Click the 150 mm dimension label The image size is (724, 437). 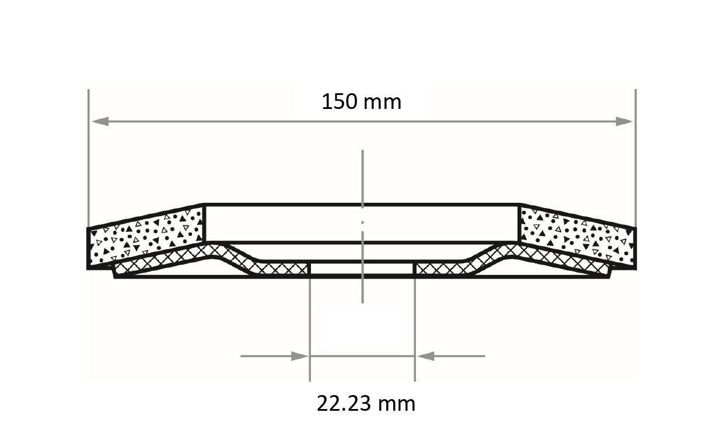tap(361, 102)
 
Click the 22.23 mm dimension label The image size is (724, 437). tap(366, 403)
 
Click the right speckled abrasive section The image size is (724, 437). tap(578, 236)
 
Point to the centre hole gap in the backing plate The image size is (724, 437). tap(362, 269)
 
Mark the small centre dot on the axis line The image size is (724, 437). tap(362, 222)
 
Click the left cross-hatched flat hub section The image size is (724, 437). tap(280, 269)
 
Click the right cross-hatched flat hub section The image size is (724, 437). tap(443, 269)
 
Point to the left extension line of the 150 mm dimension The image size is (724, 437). tap(88, 157)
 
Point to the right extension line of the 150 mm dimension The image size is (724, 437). tap(635, 157)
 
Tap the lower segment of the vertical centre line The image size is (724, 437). tap(362, 288)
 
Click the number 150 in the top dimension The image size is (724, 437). tap(340, 102)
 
